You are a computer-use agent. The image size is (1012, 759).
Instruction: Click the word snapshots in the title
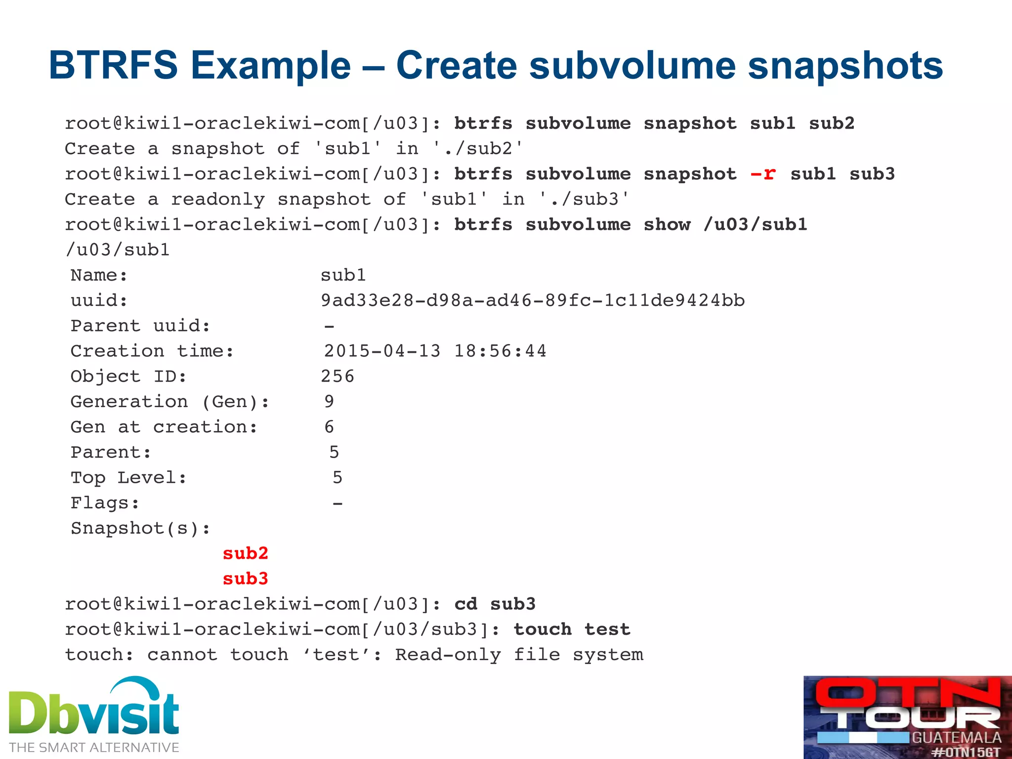[x=845, y=65]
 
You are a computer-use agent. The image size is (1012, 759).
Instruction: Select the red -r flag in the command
[x=763, y=174]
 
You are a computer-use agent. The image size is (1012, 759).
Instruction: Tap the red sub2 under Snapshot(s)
[x=245, y=553]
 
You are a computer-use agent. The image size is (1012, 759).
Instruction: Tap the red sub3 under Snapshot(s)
[x=245, y=578]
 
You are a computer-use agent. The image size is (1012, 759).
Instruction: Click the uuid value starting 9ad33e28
[x=532, y=300]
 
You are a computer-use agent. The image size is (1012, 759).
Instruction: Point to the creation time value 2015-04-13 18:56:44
[x=435, y=351]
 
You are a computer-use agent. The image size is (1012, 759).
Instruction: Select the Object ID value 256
[x=337, y=377]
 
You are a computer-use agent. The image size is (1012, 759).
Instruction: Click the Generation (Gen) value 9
[x=329, y=401]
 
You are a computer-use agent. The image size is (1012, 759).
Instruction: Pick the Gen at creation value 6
[x=329, y=427]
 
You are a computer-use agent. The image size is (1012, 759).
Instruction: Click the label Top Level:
[x=128, y=477]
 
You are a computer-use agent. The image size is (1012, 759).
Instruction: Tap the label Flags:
[x=105, y=503]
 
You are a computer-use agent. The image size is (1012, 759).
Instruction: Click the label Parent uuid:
[x=140, y=326]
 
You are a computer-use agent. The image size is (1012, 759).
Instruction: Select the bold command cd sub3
[x=495, y=604]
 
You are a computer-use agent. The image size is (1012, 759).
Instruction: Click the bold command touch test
[x=572, y=630]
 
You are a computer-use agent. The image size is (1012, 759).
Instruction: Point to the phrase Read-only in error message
[x=448, y=655]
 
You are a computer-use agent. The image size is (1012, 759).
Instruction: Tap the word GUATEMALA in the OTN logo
[x=956, y=737]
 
